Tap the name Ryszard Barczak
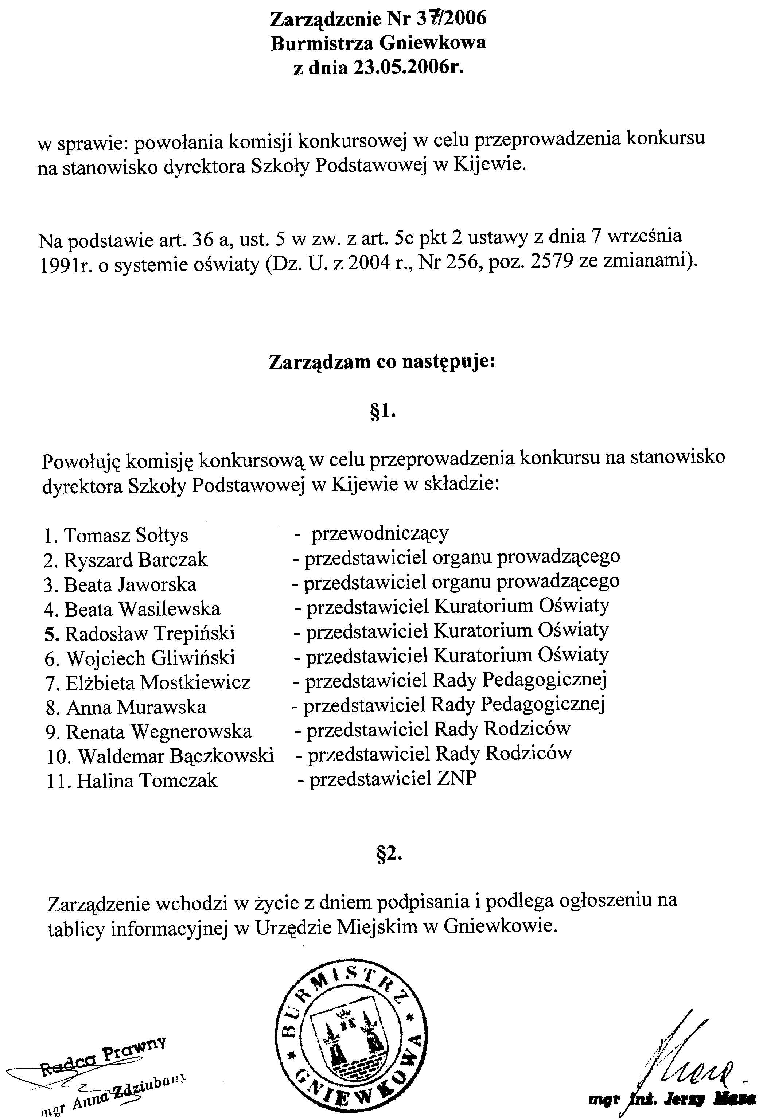136,560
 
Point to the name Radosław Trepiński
150,634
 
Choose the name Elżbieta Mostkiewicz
158,683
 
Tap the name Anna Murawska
136,707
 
